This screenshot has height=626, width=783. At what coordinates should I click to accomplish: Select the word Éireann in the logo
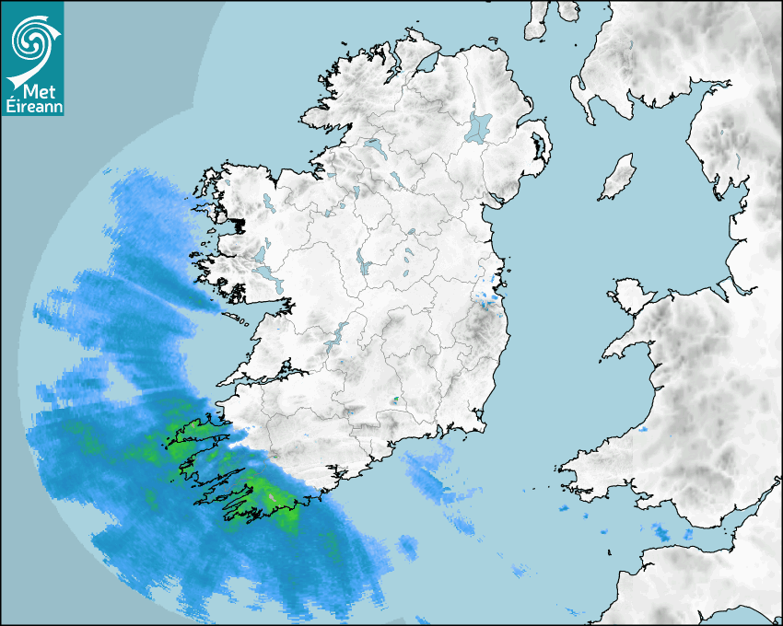click(x=32, y=107)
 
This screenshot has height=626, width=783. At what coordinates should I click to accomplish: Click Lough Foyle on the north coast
click(x=426, y=64)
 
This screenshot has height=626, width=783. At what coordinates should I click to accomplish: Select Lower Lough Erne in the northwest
click(x=373, y=145)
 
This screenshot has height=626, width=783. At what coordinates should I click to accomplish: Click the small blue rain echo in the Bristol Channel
click(x=661, y=531)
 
